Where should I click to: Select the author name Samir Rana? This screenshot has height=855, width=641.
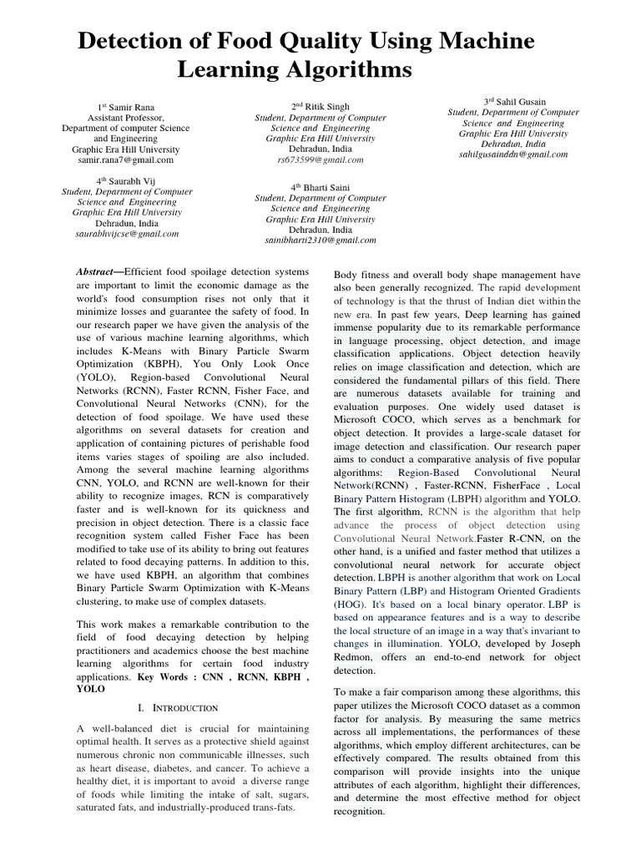(134, 107)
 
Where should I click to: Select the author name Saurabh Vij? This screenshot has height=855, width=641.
(132, 180)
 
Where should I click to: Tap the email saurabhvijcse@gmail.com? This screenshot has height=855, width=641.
(127, 234)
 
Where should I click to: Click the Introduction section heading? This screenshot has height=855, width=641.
(184, 707)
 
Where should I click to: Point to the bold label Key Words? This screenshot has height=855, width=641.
(167, 679)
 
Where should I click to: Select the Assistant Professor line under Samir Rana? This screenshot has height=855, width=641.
(126, 118)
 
